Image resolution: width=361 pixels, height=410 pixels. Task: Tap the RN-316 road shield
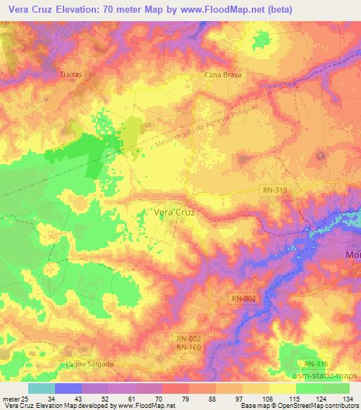click(x=317, y=363)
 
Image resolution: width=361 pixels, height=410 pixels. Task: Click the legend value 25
click(x=25, y=399)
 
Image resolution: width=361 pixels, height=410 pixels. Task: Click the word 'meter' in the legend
click(x=10, y=399)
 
